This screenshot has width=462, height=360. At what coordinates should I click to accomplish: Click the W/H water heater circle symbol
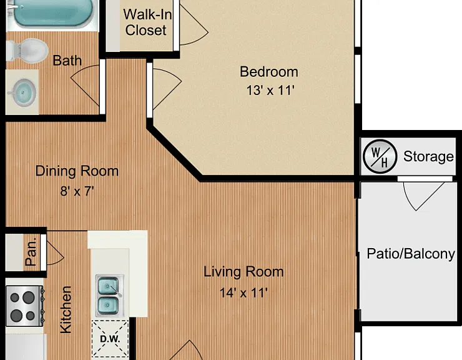click(380, 156)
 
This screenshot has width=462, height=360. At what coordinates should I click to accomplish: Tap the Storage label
click(428, 156)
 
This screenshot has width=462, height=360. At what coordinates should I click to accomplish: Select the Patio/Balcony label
click(411, 254)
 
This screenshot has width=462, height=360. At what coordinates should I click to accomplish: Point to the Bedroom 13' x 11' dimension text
click(270, 90)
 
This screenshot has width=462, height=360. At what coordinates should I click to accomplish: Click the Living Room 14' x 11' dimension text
click(243, 292)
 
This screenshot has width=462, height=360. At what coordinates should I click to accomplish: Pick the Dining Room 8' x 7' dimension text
click(77, 191)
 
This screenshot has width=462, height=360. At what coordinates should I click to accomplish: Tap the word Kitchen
click(66, 310)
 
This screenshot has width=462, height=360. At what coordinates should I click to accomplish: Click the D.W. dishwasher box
click(111, 339)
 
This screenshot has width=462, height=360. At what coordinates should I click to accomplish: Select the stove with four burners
click(25, 306)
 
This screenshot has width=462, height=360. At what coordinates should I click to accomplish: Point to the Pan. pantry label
click(31, 252)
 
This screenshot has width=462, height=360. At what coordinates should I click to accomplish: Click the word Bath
click(67, 61)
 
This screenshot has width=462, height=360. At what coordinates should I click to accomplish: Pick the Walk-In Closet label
click(147, 22)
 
